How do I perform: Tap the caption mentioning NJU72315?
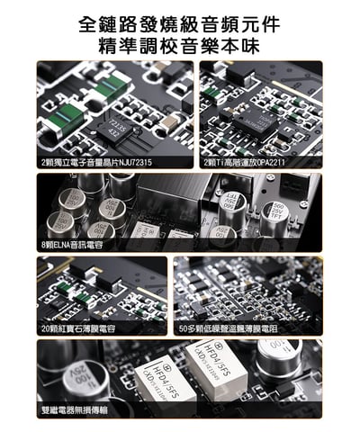94,162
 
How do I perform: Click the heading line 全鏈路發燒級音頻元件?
179,23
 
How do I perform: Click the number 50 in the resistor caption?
185,329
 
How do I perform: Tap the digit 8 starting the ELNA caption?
44,244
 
